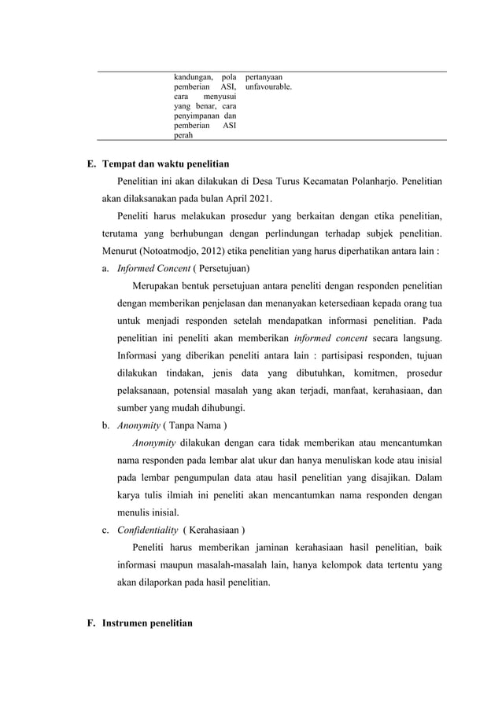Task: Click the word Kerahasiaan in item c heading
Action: coord(214,529)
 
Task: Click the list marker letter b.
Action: coord(105,425)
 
